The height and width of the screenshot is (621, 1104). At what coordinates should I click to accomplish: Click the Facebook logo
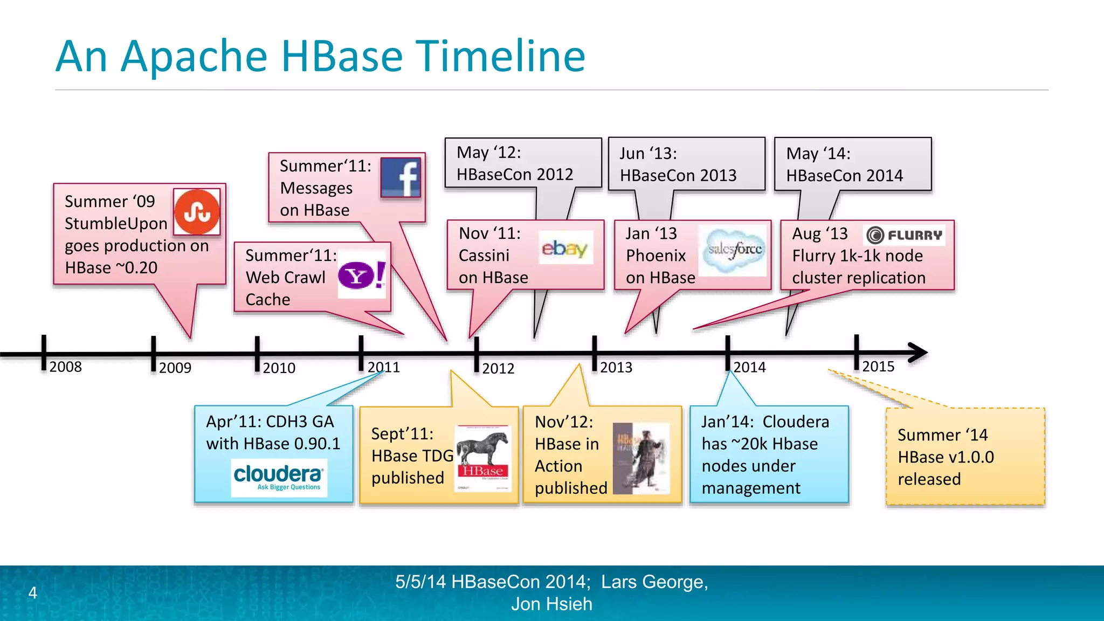coord(401,178)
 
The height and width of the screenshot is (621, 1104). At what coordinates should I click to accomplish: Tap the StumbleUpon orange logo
coord(197,212)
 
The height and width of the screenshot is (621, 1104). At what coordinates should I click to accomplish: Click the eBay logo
coord(565,248)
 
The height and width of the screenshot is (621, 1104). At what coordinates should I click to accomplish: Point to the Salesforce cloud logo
coord(734,250)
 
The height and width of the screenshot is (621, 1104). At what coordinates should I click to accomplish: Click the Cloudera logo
coord(279,477)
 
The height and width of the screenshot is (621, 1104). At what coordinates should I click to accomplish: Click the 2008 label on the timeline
coord(65,367)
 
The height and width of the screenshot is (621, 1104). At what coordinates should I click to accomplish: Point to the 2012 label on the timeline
coord(498,369)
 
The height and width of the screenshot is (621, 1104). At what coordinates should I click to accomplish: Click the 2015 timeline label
coord(878,367)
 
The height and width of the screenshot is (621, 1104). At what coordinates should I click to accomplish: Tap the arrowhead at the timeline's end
coord(917,353)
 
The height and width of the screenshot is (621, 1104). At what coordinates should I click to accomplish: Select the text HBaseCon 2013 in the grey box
coord(678,175)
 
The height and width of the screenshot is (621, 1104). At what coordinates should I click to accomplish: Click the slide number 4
coord(33,593)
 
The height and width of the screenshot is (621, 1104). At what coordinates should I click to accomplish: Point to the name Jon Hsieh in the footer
coord(551,604)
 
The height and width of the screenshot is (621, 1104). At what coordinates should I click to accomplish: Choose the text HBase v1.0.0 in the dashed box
coord(946,457)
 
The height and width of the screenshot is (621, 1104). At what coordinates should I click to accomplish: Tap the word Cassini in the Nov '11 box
coord(484,256)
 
